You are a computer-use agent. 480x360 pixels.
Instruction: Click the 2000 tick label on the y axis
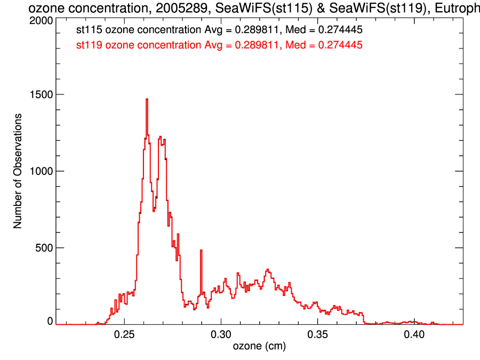pos(42,20)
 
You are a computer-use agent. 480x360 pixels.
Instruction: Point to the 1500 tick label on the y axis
pos(42,94)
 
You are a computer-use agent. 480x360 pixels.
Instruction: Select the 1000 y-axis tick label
pos(42,171)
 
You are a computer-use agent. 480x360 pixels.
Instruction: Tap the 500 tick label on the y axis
pos(44,248)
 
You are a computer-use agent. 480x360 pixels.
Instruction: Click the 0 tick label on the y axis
pos(50,321)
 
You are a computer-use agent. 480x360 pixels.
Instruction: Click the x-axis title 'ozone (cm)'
pos(260,347)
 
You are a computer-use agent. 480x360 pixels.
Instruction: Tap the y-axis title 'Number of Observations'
pos(18,171)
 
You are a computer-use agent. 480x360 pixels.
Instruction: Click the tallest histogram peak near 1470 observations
pos(147,100)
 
